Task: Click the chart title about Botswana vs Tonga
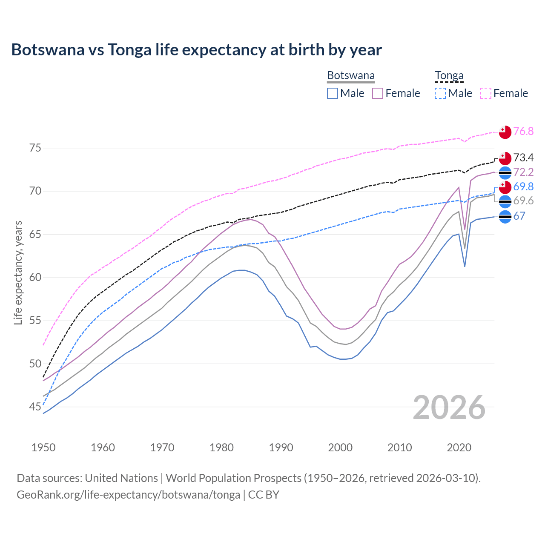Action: point(196,50)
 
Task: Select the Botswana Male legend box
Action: point(333,93)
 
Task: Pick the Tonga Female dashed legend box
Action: point(486,93)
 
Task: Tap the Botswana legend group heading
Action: point(351,76)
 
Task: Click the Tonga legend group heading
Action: point(449,76)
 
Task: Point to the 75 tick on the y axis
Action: point(35,148)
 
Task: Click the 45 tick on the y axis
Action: point(35,407)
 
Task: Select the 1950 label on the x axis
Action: point(43,447)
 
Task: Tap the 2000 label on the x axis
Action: point(340,447)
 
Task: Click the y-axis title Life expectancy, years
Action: point(18,272)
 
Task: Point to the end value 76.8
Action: point(523,132)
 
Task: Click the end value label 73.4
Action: point(523,158)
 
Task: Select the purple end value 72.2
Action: point(523,172)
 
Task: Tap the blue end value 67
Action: point(519,216)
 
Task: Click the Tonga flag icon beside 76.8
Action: point(505,132)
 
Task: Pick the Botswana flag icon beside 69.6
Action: point(505,201)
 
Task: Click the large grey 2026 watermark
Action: point(449,407)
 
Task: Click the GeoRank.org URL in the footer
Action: point(128,495)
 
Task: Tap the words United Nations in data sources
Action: point(121,478)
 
